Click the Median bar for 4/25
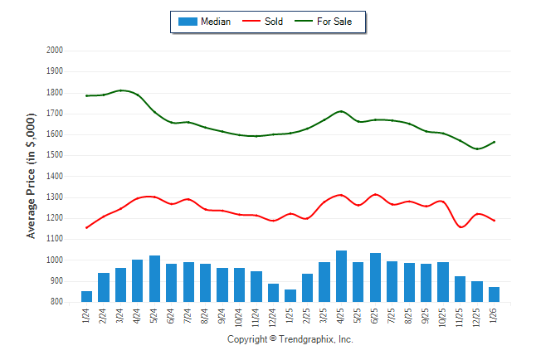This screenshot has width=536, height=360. [342, 276]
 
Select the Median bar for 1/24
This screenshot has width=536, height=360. [87, 297]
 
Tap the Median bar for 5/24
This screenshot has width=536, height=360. [155, 279]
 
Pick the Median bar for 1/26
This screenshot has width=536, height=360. [495, 294]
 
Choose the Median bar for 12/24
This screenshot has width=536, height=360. [274, 293]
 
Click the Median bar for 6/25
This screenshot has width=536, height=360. [376, 278]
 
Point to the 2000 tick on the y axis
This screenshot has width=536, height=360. [55, 51]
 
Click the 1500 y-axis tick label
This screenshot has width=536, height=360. [55, 155]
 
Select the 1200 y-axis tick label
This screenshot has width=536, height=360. [55, 218]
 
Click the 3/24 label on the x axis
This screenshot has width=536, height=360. [121, 318]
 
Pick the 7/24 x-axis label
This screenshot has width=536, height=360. [189, 318]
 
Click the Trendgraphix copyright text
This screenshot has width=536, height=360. [290, 339]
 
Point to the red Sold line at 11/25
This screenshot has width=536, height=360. [460, 226]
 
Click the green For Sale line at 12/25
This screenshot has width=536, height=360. [478, 149]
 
